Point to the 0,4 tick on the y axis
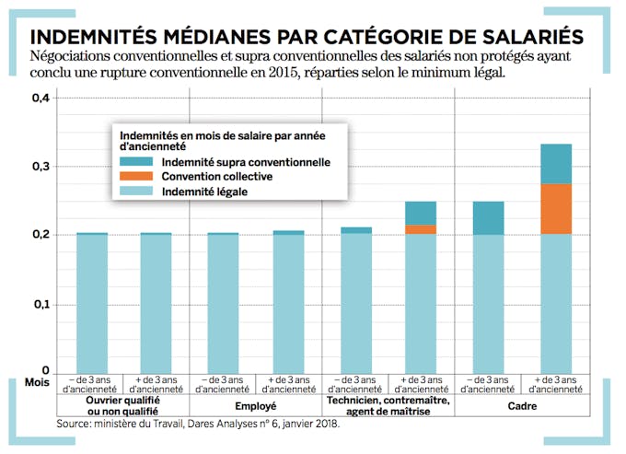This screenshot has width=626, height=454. (x=41, y=98)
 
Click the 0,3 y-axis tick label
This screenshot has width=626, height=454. (x=41, y=167)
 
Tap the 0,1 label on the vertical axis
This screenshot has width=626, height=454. (x=41, y=304)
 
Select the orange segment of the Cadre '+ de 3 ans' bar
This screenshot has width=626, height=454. (x=556, y=209)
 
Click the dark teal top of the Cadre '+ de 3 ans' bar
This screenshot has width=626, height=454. (x=556, y=164)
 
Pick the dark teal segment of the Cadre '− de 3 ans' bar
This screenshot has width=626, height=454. (x=489, y=217)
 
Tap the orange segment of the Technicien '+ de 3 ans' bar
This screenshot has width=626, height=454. (x=421, y=229)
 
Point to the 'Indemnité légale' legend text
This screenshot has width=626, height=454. (x=204, y=192)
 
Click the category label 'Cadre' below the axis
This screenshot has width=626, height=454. (x=523, y=402)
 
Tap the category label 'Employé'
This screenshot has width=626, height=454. (x=255, y=402)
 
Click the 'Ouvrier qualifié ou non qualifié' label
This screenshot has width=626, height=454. (x=122, y=407)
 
